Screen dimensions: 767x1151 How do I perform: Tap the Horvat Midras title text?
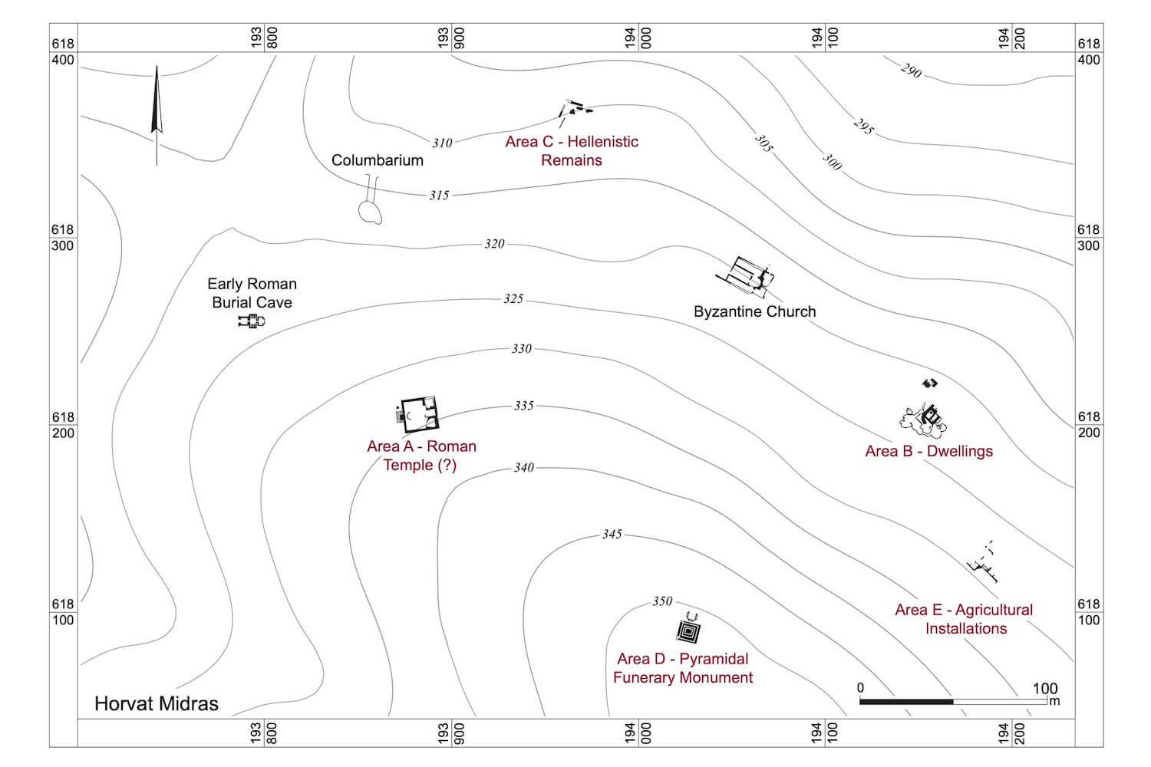(157, 703)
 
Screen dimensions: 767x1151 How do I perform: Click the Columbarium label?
(377, 160)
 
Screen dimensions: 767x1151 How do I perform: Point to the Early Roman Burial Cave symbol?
(251, 321)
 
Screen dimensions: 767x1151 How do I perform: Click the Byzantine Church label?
(754, 311)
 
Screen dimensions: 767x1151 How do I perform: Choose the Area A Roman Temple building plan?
(418, 415)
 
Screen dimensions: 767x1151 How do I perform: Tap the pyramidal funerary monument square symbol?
(688, 630)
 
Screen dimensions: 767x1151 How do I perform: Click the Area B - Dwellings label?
(928, 451)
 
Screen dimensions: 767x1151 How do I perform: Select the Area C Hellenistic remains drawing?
(575, 110)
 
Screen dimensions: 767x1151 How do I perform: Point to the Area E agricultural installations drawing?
(983, 563)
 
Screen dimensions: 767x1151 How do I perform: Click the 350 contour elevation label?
(662, 601)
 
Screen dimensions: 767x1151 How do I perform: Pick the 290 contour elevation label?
(911, 71)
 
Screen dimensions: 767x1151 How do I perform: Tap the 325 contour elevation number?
(513, 298)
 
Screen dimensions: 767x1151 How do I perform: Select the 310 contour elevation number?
(442, 143)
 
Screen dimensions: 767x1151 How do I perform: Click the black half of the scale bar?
(906, 701)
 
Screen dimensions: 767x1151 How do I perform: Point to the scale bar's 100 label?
(1044, 688)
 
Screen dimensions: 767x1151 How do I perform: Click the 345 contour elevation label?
(612, 534)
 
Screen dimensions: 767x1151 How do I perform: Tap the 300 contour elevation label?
(833, 162)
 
